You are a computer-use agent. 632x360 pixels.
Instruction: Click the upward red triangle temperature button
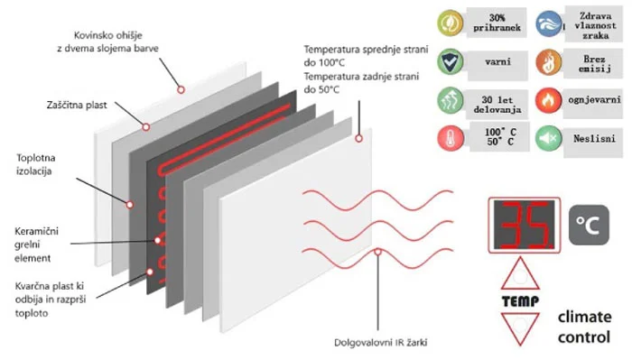(520, 276)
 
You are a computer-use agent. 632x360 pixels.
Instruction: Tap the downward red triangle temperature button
(520, 327)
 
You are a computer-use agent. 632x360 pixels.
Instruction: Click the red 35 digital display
(524, 225)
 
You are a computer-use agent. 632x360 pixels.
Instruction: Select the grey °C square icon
(589, 225)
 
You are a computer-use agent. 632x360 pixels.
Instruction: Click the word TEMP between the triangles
(520, 301)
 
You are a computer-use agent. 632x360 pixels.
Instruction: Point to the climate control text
(584, 327)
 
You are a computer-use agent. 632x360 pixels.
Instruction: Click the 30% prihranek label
(497, 23)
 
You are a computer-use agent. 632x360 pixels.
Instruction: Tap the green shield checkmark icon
(451, 61)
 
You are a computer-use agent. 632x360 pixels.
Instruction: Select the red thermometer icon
(451, 138)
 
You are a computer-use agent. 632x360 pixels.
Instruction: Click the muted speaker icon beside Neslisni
(548, 138)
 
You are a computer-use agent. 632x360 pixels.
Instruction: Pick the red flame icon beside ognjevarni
(548, 100)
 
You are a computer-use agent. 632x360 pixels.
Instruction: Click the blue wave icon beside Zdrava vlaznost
(549, 23)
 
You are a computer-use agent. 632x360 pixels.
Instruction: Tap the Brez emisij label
(594, 64)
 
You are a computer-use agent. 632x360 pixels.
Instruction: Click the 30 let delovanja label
(497, 105)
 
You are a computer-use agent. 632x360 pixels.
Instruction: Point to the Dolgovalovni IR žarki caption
(380, 343)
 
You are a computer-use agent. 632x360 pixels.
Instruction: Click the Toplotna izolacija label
(35, 164)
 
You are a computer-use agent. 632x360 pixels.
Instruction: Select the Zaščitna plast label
(77, 105)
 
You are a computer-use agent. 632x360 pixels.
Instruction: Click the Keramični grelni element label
(36, 245)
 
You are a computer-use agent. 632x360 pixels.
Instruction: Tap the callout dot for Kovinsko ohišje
(181, 90)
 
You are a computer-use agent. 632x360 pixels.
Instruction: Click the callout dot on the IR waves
(377, 252)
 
